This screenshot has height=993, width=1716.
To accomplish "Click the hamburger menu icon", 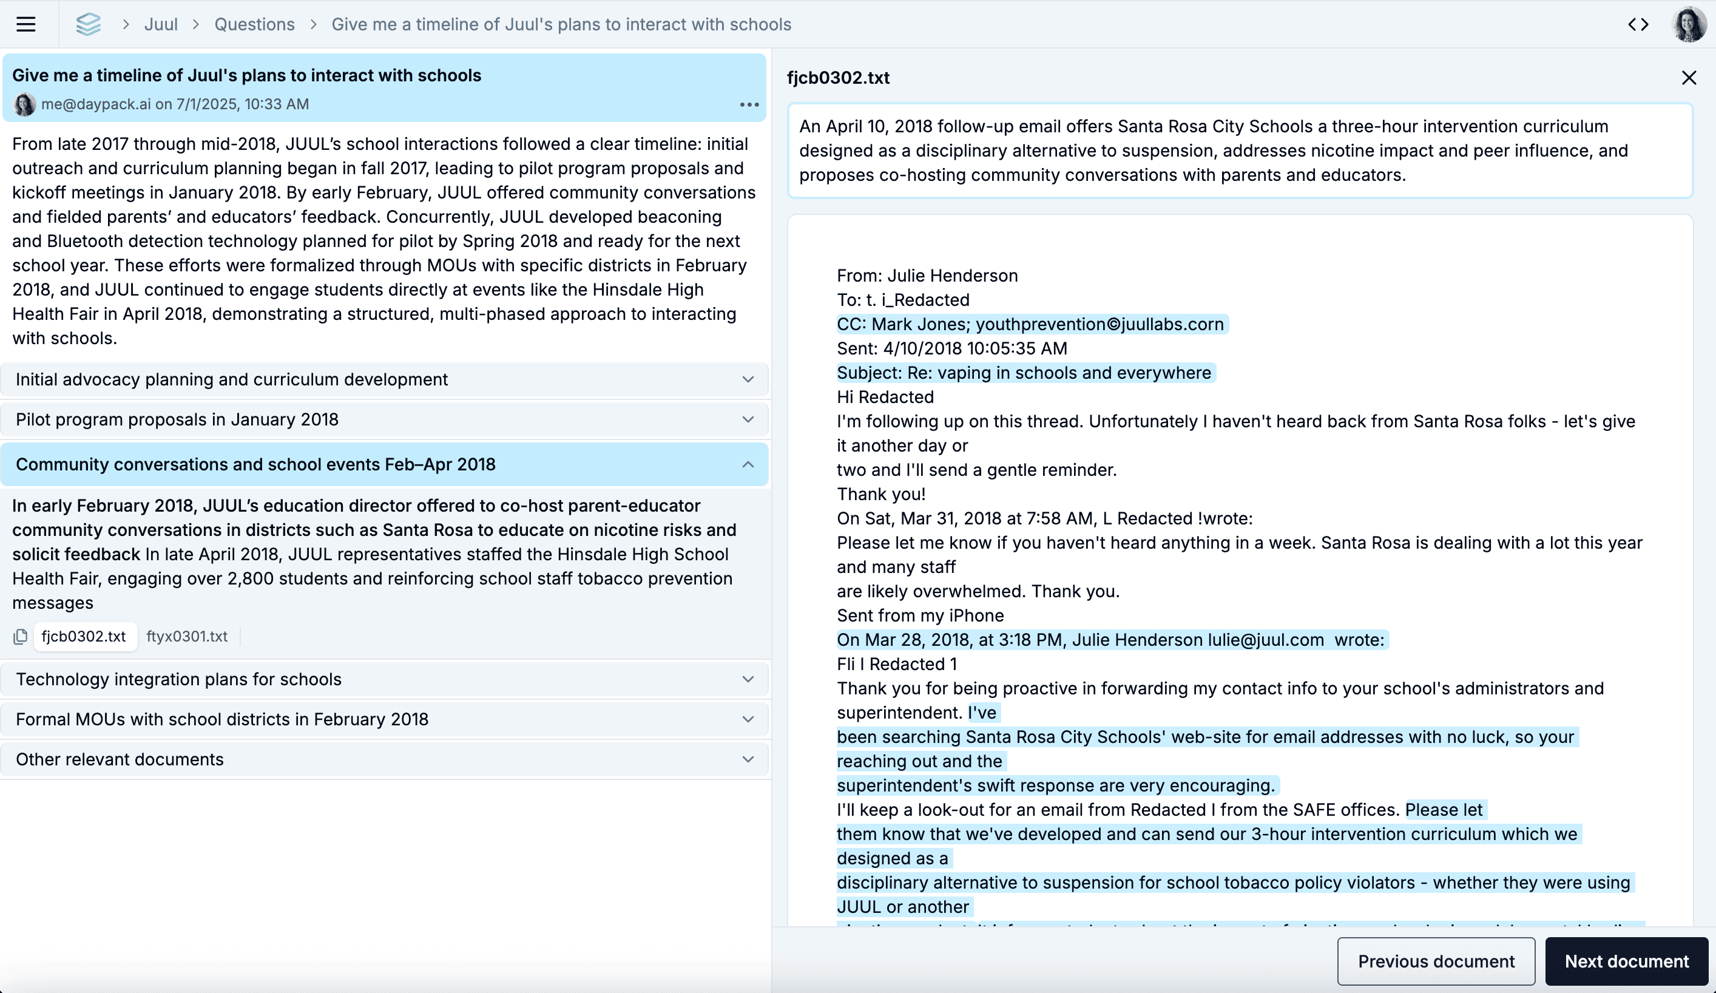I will [x=26, y=24].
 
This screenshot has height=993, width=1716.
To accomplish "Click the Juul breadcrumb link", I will [x=161, y=24].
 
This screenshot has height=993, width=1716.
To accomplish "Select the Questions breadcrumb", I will [x=254, y=24].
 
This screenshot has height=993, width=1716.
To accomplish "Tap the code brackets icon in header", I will [x=1638, y=24].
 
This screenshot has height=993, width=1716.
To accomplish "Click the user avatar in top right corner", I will [x=1689, y=24].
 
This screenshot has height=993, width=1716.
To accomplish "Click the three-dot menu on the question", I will [x=749, y=105].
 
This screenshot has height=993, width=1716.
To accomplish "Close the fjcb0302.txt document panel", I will [x=1688, y=78].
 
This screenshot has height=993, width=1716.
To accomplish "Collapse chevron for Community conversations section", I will [x=748, y=464].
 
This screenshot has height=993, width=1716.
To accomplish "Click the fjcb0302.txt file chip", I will [x=84, y=636].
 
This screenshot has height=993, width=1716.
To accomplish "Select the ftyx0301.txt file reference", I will [x=186, y=636].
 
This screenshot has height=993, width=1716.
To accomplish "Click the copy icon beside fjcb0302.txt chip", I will [x=21, y=636].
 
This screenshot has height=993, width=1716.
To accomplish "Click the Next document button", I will [x=1626, y=961].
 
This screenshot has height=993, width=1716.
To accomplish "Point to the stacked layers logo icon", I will [x=89, y=24].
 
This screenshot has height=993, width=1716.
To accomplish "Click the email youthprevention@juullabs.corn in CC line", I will [x=1099, y=324].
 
